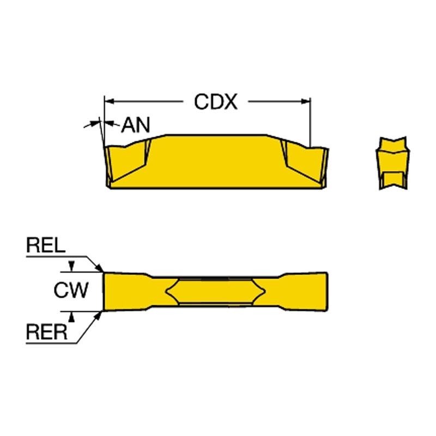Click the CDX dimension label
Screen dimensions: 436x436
coord(216,101)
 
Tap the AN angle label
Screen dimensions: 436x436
coord(135,125)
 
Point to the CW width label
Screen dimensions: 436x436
coord(70,290)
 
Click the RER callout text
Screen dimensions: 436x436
coord(46,332)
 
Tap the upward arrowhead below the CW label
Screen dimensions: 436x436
coord(71,314)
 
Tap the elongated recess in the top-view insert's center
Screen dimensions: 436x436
coord(216,290)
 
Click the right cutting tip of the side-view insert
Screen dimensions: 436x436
coord(325,149)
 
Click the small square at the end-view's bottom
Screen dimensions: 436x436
coord(392,179)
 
